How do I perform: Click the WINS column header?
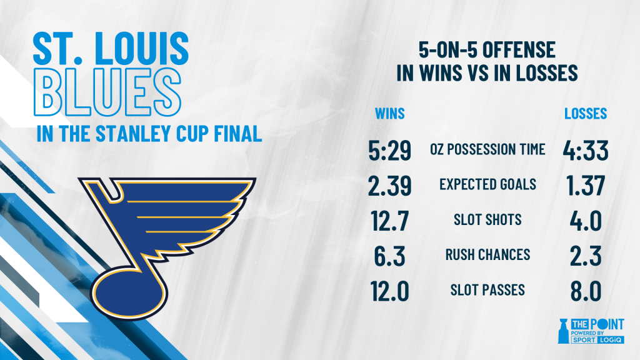[x=390, y=114]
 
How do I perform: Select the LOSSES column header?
[x=586, y=114]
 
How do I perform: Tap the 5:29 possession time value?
[x=390, y=150]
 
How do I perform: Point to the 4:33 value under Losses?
[x=586, y=150]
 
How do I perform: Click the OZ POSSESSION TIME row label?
[x=487, y=149]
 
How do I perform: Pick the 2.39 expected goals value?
[x=390, y=186]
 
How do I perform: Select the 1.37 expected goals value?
[x=586, y=186]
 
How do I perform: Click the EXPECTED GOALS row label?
[x=487, y=184]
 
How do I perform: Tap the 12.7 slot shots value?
[x=390, y=221]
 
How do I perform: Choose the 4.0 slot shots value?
[x=586, y=221]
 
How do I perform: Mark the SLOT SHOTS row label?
[x=487, y=219]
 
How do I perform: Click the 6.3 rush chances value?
[x=390, y=256]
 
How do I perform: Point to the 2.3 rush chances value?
[x=586, y=256]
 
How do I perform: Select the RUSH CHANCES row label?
[x=487, y=255]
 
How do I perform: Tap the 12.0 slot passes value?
[x=390, y=291]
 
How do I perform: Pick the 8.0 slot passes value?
[x=586, y=291]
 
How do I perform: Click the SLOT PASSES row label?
[x=487, y=290]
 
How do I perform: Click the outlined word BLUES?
[x=107, y=92]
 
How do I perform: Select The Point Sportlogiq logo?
[x=591, y=331]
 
